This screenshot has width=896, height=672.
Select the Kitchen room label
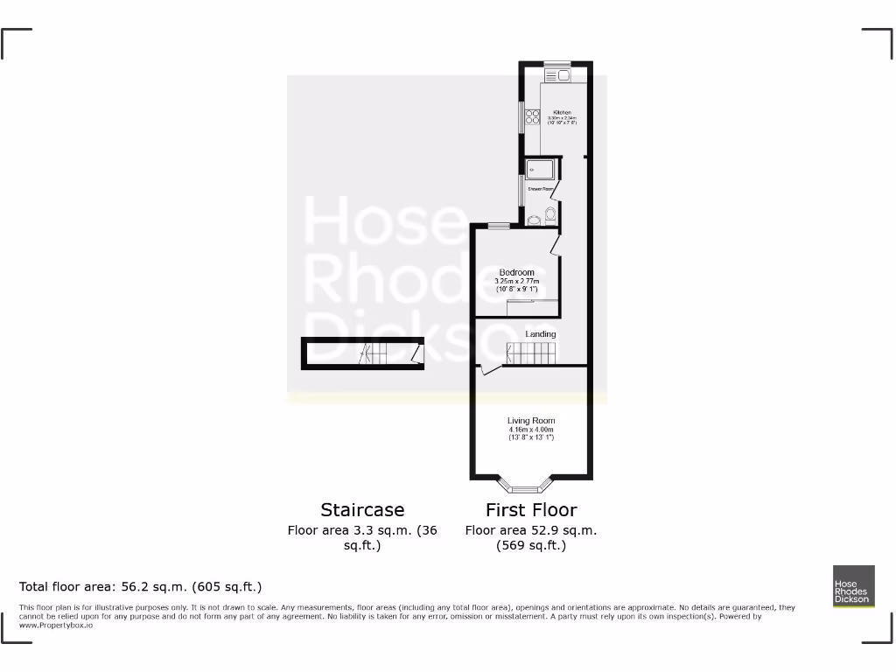pyautogui.click(x=562, y=113)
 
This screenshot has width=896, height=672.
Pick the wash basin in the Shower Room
pyautogui.click(x=535, y=220)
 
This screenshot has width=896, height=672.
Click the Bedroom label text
pyautogui.click(x=516, y=272)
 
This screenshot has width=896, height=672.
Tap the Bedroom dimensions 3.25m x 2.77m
pyautogui.click(x=516, y=281)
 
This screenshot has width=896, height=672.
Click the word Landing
pyautogui.click(x=540, y=334)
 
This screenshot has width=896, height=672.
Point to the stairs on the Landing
pyautogui.click(x=532, y=353)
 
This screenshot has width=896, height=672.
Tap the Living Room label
pyautogui.click(x=531, y=421)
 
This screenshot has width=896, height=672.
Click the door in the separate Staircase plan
pyautogui.click(x=418, y=353)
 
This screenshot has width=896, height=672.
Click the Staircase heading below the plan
pyautogui.click(x=362, y=510)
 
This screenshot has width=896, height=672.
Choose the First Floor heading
pyautogui.click(x=531, y=510)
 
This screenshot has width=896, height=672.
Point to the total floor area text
pyautogui.click(x=141, y=586)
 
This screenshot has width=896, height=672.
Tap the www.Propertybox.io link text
pyautogui.click(x=56, y=626)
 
